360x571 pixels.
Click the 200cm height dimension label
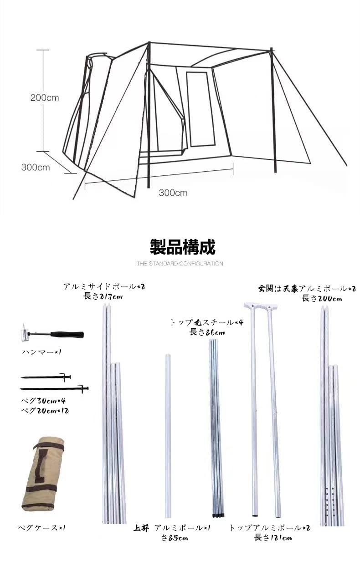click(45, 97)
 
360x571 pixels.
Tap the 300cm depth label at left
click(36, 167)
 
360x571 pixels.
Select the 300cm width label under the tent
click(173, 193)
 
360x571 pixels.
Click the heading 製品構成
click(182, 247)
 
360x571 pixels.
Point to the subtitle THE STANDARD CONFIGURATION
click(180, 264)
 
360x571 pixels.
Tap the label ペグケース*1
click(41, 528)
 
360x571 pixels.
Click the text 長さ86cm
click(207, 332)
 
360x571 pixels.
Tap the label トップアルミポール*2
click(269, 528)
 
